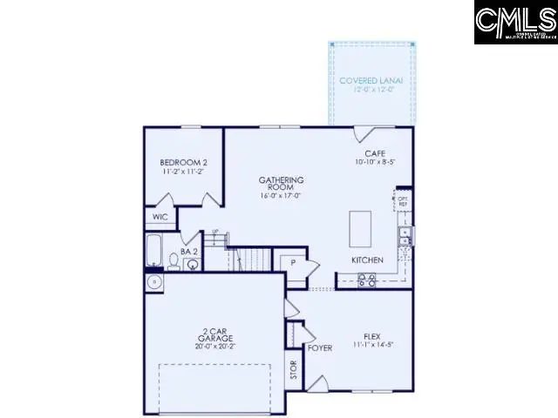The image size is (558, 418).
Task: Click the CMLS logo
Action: tap(515, 23)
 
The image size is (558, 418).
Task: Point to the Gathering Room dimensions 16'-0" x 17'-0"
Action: tap(279, 196)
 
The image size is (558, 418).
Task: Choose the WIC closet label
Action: tap(160, 217)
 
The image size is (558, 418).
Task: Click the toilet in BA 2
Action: tap(174, 263)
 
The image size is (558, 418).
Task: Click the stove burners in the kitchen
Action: tap(367, 280)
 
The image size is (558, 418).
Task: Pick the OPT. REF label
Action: tap(402, 200)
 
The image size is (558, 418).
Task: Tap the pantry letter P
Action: tap(293, 261)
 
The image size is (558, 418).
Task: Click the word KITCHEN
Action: tap(368, 260)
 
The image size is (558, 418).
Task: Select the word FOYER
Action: tap(320, 348)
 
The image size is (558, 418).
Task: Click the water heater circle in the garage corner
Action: tap(154, 282)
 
